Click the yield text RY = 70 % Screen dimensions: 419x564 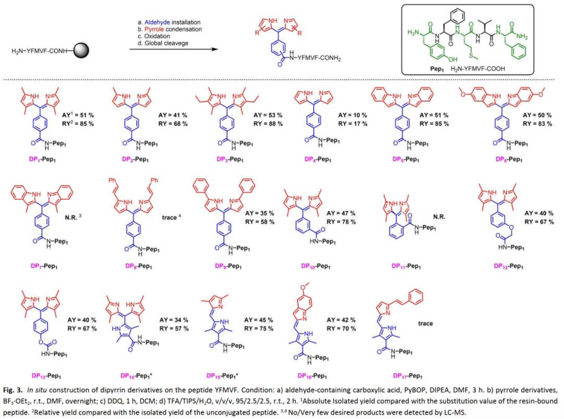click(342, 329)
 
